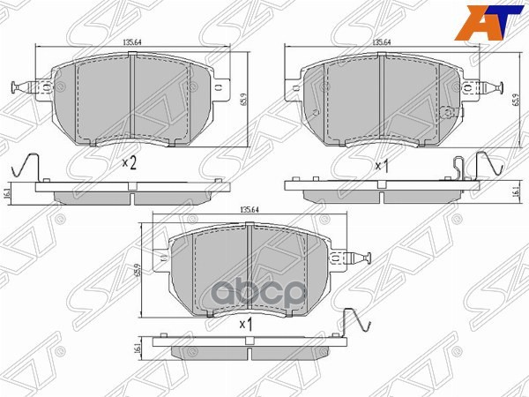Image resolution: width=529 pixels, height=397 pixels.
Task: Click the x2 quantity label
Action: click(130, 162)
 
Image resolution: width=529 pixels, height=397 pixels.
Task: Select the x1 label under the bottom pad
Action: click(247, 324)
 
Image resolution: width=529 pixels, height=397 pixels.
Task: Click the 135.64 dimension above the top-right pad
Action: click(382, 41)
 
